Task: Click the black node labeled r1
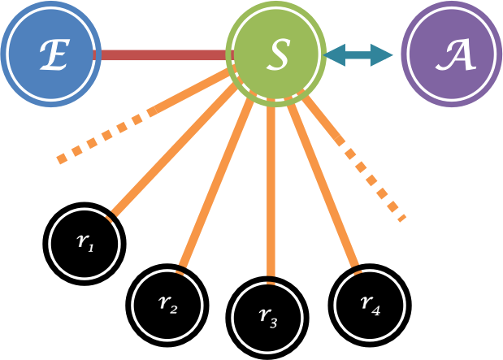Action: [83, 242]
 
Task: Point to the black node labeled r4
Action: [369, 302]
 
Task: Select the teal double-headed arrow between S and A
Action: [358, 55]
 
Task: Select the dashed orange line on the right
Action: [374, 183]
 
